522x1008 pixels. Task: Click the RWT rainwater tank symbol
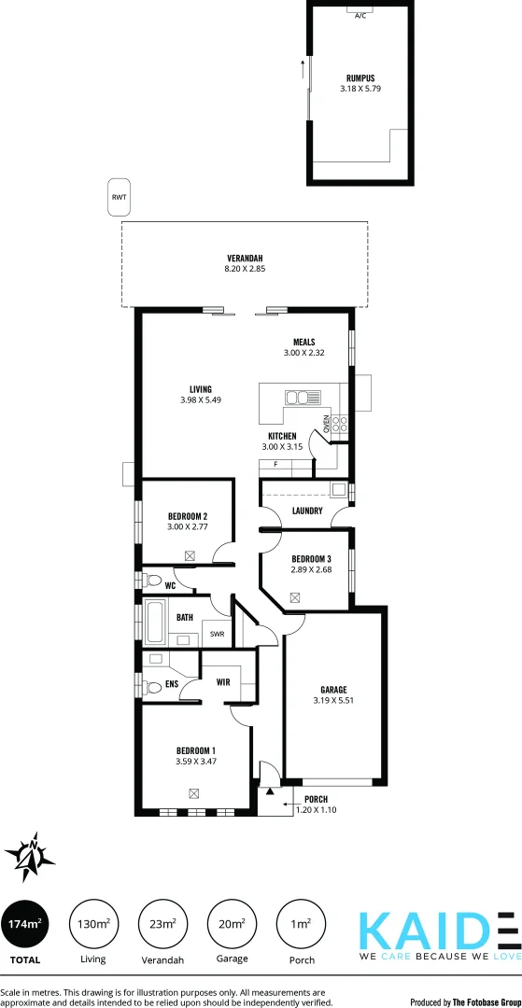(x=119, y=198)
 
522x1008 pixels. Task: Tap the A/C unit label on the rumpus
(x=360, y=15)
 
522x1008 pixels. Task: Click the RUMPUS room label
(x=360, y=78)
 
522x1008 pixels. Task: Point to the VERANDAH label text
(x=245, y=258)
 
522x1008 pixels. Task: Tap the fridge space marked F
(x=275, y=464)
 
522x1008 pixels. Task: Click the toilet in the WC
(x=153, y=581)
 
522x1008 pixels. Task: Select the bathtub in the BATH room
(x=155, y=623)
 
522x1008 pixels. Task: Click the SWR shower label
(x=217, y=634)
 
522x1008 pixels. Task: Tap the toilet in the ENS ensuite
(x=153, y=687)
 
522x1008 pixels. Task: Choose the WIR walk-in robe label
(x=223, y=682)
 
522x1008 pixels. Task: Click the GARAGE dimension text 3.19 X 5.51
(x=334, y=699)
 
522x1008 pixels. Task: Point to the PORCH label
(x=316, y=799)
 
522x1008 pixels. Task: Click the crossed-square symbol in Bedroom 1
(x=193, y=793)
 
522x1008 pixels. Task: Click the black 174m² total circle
(x=25, y=924)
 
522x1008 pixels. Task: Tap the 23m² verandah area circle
(x=162, y=924)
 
